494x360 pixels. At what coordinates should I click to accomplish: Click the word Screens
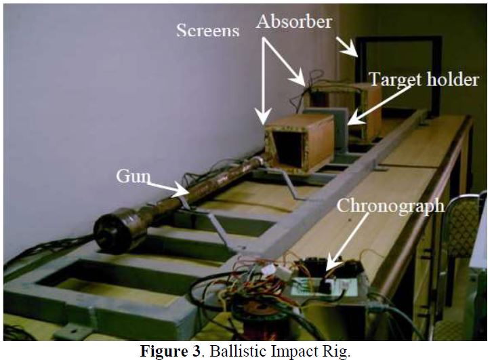pyautogui.click(x=207, y=31)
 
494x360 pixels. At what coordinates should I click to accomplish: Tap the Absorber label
pyautogui.click(x=294, y=22)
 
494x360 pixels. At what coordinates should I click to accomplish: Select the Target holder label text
pyautogui.click(x=424, y=79)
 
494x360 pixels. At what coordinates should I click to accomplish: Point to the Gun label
pyautogui.click(x=133, y=176)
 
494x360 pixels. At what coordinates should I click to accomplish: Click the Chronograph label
pyautogui.click(x=391, y=206)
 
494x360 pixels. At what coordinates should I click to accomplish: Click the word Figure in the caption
pyautogui.click(x=169, y=351)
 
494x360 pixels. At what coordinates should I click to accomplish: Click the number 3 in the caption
pyautogui.click(x=196, y=351)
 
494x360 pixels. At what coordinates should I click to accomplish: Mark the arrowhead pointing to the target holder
pyautogui.click(x=354, y=119)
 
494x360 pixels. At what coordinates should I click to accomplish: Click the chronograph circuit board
pyautogui.click(x=325, y=286)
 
